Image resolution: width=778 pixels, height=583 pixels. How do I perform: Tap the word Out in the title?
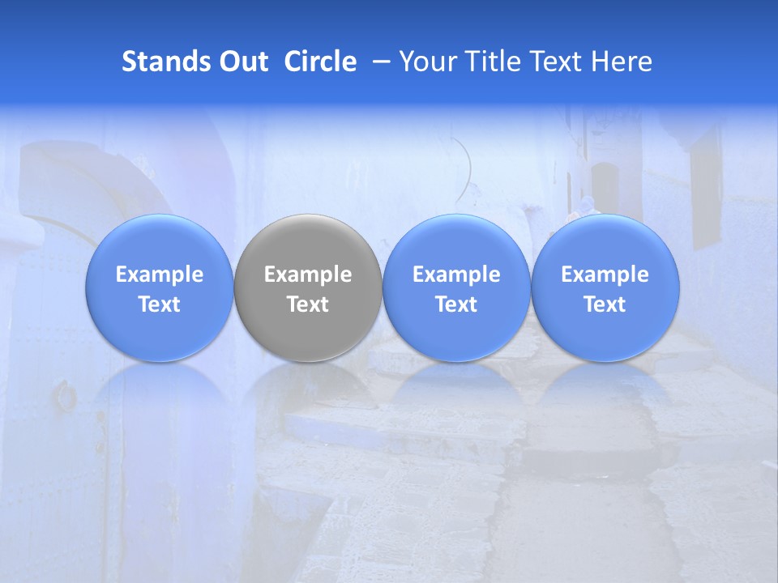pyautogui.click(x=242, y=62)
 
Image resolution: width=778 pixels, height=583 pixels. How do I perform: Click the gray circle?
pyautogui.click(x=308, y=288)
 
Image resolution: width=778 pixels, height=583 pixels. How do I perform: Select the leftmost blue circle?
pyautogui.click(x=160, y=288)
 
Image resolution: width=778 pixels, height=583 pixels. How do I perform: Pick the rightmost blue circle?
pyautogui.click(x=605, y=288)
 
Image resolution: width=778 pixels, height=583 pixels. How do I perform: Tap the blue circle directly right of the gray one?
pyautogui.click(x=456, y=288)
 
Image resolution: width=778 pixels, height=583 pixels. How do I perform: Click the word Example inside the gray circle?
pyautogui.click(x=308, y=274)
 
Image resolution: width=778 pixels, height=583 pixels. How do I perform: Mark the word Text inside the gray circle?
pyautogui.click(x=308, y=304)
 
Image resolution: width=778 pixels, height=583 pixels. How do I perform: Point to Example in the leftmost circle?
pyautogui.click(x=160, y=274)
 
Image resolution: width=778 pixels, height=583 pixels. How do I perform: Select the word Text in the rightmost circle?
pyautogui.click(x=605, y=304)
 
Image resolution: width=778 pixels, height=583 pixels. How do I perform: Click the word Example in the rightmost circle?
pyautogui.click(x=605, y=274)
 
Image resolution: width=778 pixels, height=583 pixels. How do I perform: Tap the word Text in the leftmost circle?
pyautogui.click(x=160, y=304)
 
